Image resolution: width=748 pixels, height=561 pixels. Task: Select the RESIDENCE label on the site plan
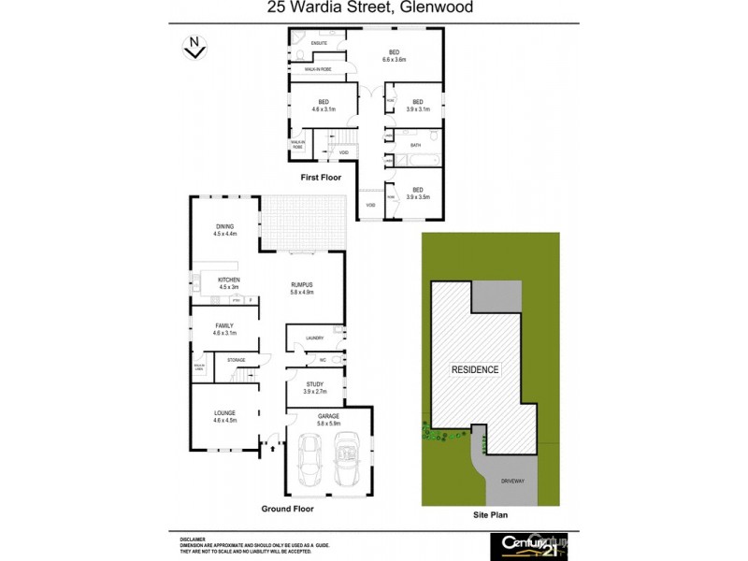click(476, 369)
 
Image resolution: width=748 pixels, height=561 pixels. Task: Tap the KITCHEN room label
click(229, 280)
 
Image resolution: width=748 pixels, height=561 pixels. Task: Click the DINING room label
click(224, 225)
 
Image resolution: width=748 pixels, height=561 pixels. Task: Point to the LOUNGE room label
click(224, 413)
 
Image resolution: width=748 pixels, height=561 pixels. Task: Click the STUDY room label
click(314, 384)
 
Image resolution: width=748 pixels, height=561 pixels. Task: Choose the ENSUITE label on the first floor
click(318, 43)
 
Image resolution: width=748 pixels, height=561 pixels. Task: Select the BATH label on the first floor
click(416, 145)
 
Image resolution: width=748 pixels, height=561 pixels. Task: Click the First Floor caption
click(321, 177)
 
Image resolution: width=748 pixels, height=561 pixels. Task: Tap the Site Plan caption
click(490, 515)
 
